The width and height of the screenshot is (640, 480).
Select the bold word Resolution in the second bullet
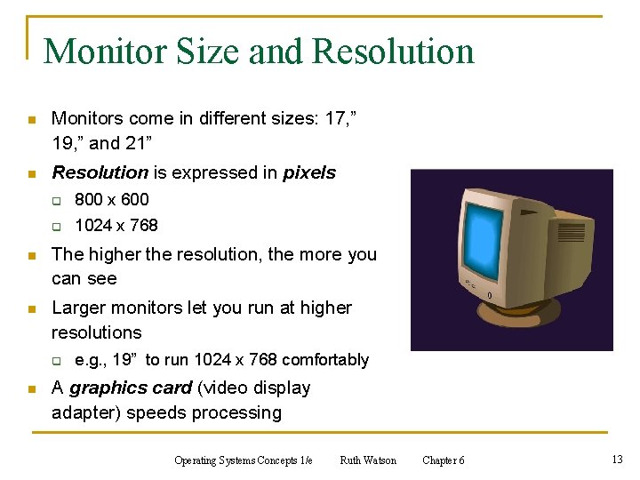point(100,172)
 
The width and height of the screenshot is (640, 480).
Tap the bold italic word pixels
point(309,172)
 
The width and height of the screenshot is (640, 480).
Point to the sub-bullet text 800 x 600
point(111,199)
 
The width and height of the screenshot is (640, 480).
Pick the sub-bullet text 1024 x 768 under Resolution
point(116,225)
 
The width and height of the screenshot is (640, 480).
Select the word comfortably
point(325,360)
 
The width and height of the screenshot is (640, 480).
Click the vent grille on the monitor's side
point(572,233)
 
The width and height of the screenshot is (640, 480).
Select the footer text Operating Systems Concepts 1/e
point(244,460)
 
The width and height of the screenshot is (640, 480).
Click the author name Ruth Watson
point(368,460)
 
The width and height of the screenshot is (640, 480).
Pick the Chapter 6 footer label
point(443,460)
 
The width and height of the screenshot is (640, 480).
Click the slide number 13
point(617,460)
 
